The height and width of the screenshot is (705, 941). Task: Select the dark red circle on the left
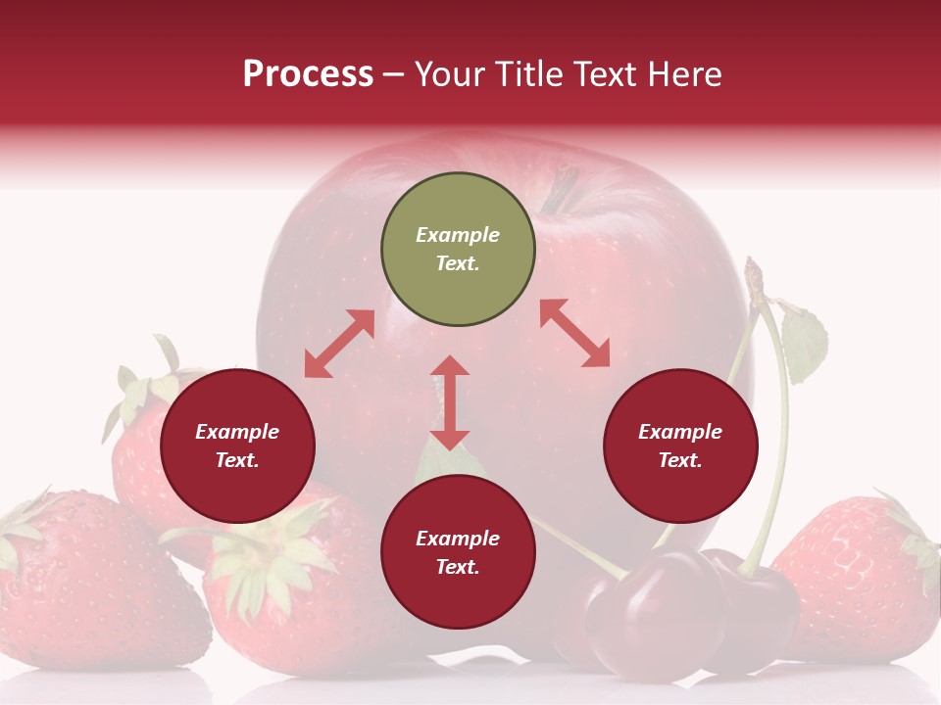coord(237,446)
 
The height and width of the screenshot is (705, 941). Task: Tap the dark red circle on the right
coord(680,446)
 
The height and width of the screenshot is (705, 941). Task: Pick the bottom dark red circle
coord(458,552)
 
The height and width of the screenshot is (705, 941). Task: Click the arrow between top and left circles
coord(339,344)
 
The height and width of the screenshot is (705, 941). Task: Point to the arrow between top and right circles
coord(574,333)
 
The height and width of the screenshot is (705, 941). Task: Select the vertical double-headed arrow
coord(450,402)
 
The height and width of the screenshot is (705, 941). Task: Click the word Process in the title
coord(308,73)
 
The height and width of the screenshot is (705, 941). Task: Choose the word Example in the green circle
coord(458,235)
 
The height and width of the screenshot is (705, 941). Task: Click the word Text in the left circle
coord(237,460)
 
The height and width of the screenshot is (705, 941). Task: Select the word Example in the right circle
coord(680,432)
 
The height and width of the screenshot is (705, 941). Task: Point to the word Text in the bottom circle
coord(458,567)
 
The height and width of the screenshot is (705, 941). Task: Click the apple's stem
coord(560,190)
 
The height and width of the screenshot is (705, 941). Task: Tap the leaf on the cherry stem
coord(804,343)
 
